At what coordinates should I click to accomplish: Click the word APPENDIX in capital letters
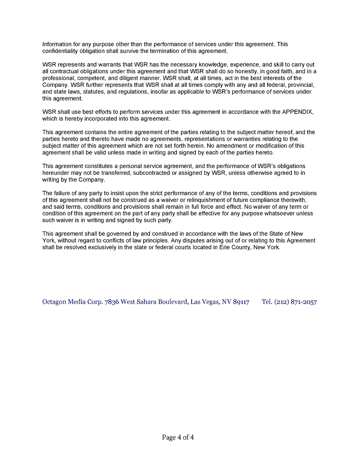coord(298,112)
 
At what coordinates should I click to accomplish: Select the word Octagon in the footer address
coord(54,302)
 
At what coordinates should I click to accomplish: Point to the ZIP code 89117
coord(241,302)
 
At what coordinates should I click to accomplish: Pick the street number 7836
coord(112,302)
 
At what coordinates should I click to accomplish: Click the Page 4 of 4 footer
coord(178,437)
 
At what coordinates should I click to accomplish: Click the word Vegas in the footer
coord(210,302)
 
